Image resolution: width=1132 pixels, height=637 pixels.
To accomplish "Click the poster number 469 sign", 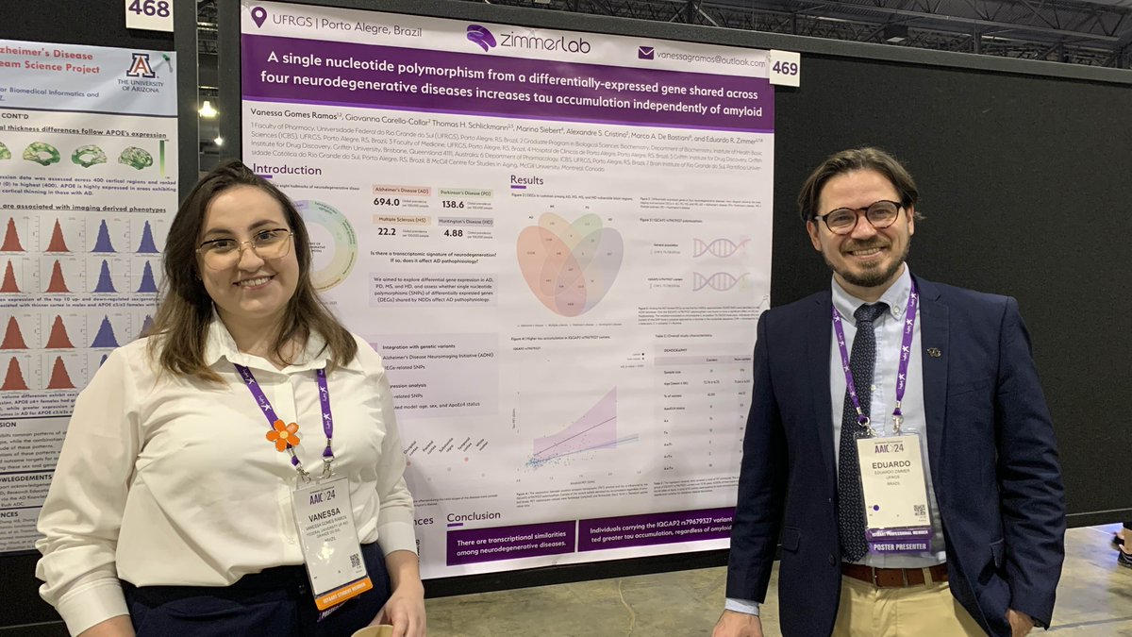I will click(x=784, y=68).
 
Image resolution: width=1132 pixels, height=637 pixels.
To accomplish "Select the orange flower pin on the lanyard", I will click(x=282, y=434).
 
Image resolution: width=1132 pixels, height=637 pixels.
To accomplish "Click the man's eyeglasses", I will click(x=859, y=217).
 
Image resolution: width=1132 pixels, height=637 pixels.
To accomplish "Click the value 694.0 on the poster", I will click(x=386, y=202).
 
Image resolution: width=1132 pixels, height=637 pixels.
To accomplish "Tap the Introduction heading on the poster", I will click(x=287, y=170).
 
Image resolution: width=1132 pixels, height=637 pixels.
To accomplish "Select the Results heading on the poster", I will click(x=526, y=179).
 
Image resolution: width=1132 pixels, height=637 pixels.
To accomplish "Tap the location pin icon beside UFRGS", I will click(x=258, y=16).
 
